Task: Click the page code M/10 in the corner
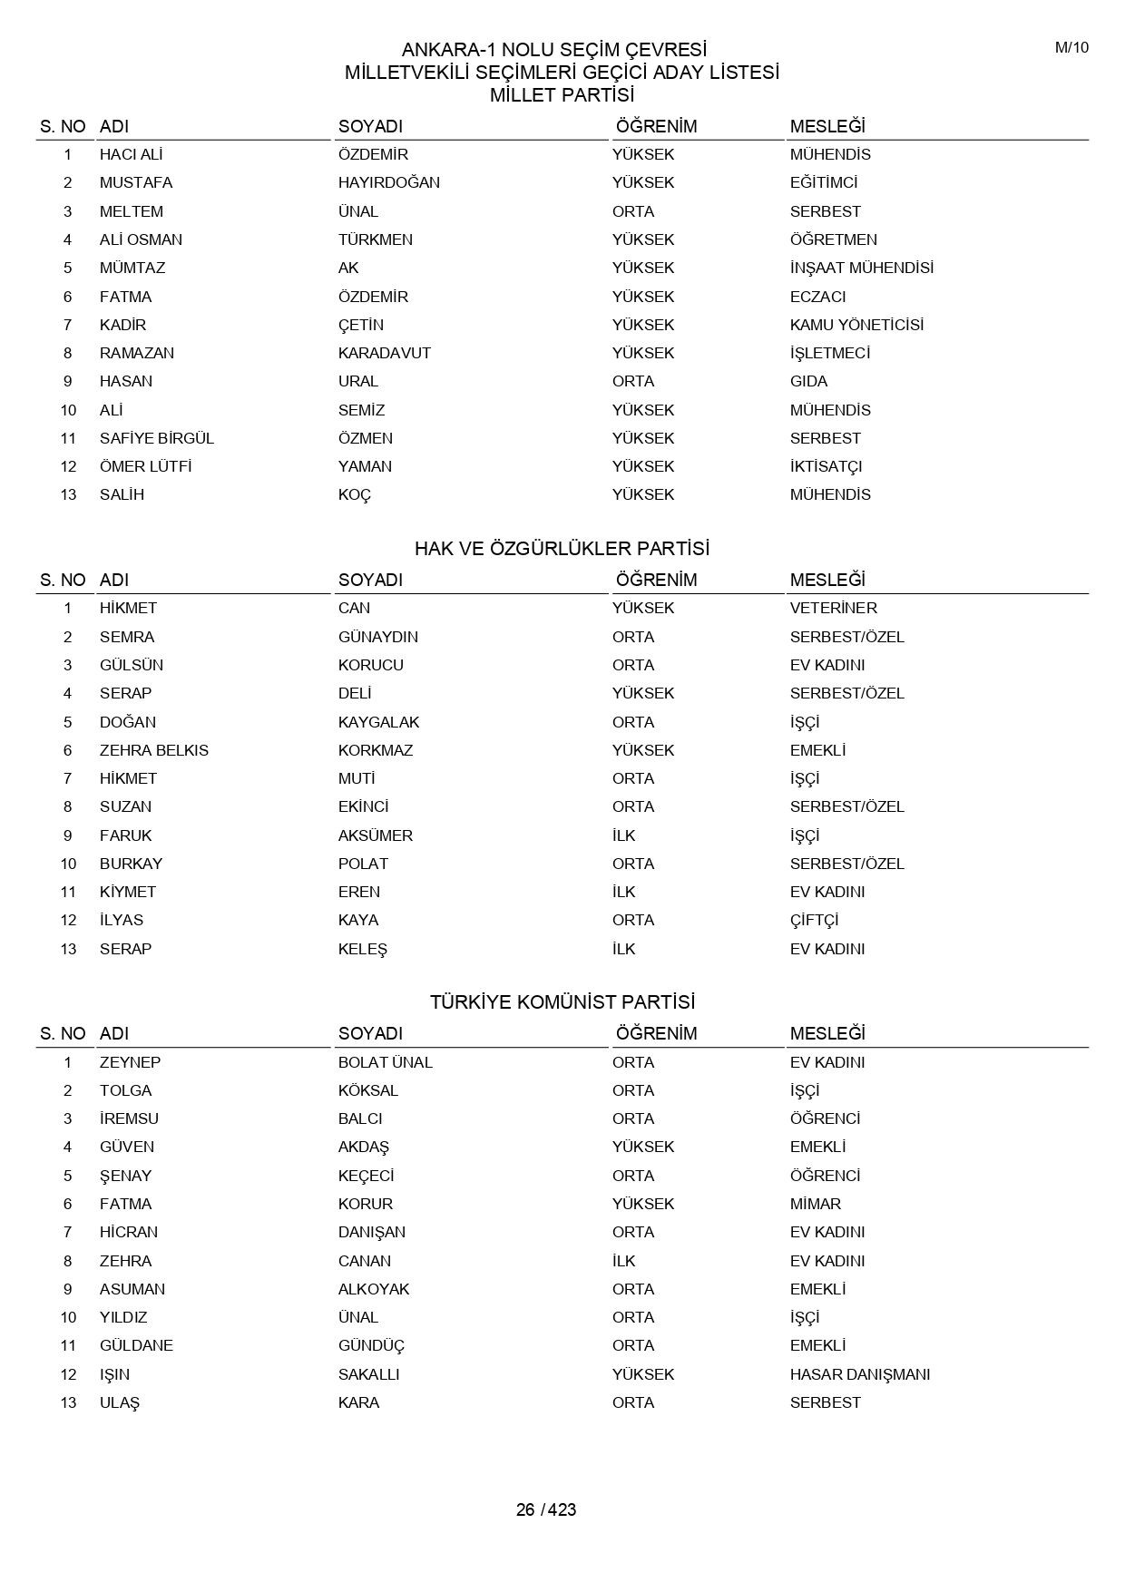tap(1071, 48)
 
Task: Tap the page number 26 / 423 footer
tap(546, 1509)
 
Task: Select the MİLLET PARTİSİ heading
tap(562, 95)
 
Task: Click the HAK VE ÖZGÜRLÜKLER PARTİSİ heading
tap(562, 549)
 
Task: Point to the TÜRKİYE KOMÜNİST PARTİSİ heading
tap(562, 1002)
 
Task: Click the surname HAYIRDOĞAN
tap(389, 182)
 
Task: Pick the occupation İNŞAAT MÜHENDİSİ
tap(861, 268)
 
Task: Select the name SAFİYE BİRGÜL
tap(157, 438)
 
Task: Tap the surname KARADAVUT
tap(385, 353)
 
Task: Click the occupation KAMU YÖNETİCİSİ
tap(856, 325)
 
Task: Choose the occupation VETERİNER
tap(833, 608)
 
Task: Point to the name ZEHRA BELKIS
tap(154, 750)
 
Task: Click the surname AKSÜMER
tap(376, 835)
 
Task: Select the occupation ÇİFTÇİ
tap(814, 920)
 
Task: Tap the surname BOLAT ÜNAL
tap(386, 1062)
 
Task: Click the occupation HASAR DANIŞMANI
tap(860, 1374)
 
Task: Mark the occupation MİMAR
tap(816, 1204)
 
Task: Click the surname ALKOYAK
tap(374, 1289)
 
